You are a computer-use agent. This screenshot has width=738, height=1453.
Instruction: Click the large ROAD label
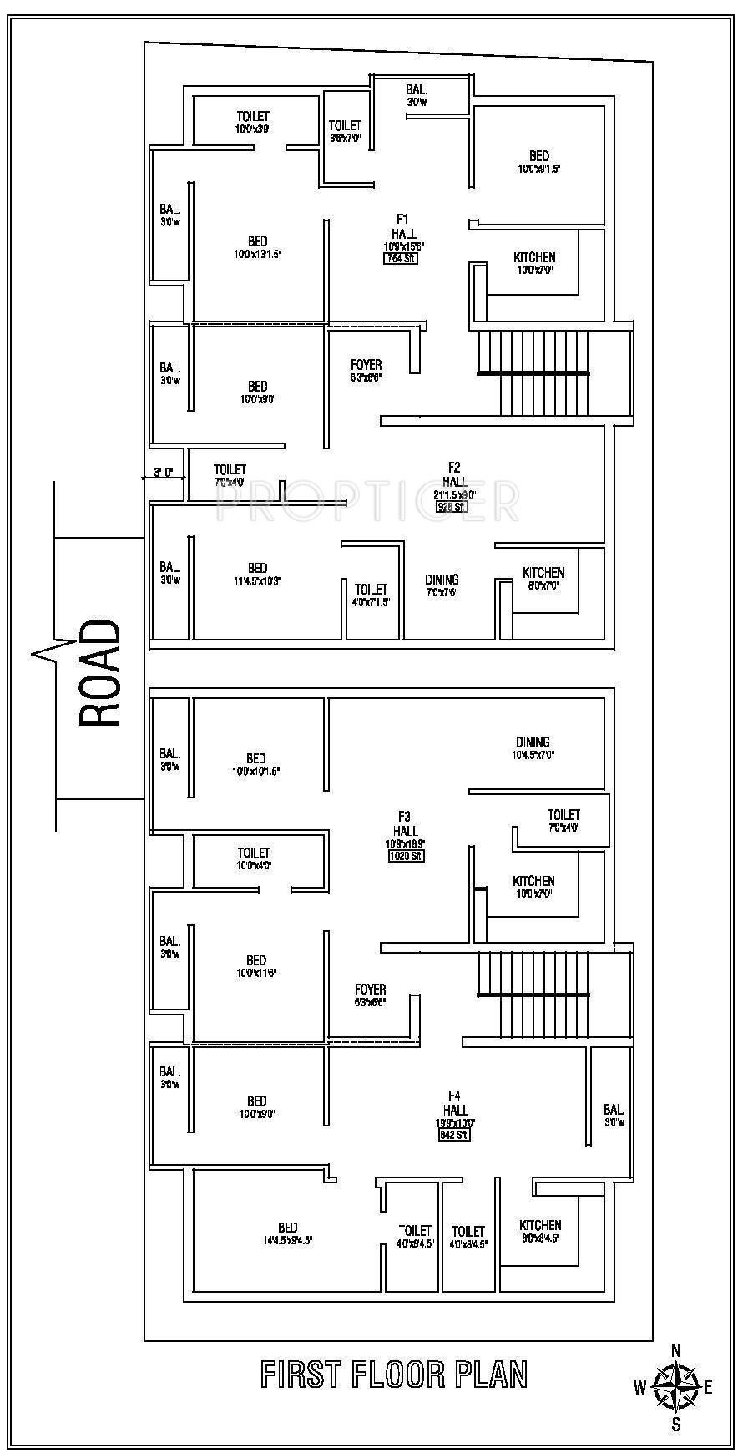[100, 673]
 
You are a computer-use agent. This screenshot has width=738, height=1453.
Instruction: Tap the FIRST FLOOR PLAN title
[394, 1375]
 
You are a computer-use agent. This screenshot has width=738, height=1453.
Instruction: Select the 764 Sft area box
[400, 258]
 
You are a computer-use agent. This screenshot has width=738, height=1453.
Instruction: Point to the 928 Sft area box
[452, 506]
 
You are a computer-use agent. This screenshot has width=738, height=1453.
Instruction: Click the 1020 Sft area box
[407, 856]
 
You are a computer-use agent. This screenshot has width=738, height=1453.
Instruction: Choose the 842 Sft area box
[455, 1135]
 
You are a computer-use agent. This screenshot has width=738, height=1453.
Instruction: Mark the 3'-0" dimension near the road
[163, 472]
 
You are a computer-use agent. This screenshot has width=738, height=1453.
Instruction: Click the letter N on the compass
[677, 1350]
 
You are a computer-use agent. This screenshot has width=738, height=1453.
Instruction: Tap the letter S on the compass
[677, 1425]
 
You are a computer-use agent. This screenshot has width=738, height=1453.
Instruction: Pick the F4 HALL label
[456, 1103]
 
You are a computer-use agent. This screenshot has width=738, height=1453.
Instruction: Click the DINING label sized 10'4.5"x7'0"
[533, 747]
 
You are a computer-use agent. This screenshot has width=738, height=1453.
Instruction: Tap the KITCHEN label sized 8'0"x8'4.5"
[540, 1231]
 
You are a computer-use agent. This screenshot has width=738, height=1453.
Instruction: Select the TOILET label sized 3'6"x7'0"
[345, 131]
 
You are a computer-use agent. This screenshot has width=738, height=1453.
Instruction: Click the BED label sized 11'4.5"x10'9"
[257, 574]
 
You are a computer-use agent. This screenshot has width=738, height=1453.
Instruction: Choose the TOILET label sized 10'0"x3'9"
[252, 122]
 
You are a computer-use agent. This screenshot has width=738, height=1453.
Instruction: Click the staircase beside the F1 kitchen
[533, 372]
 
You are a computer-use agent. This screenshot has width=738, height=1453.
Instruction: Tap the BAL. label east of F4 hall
[614, 1116]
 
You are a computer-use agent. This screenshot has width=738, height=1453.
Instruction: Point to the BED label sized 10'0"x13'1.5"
[257, 247]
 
